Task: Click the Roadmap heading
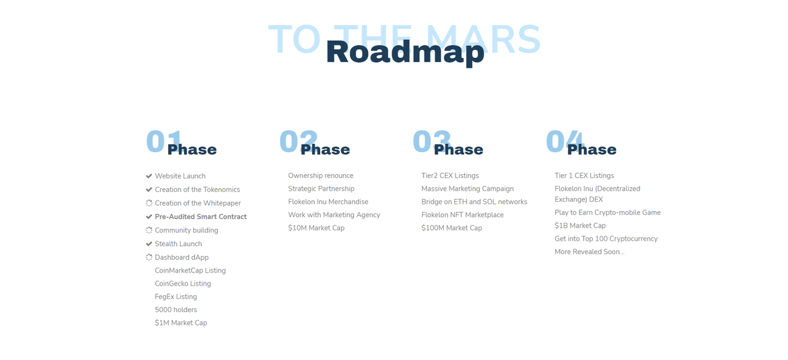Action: (x=405, y=52)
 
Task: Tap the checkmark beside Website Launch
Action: (x=149, y=176)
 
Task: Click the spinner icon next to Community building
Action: (x=149, y=230)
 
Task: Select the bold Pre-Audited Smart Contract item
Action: (x=201, y=217)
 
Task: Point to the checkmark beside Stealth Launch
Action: (x=149, y=244)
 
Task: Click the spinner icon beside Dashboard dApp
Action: (x=149, y=257)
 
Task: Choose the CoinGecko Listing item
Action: (x=183, y=283)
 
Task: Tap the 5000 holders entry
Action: (x=175, y=310)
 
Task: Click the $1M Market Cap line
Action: (x=181, y=322)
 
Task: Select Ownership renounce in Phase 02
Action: (x=321, y=175)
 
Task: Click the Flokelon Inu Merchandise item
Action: (x=328, y=202)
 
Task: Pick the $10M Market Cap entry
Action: (x=316, y=228)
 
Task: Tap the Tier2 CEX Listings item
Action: (x=450, y=175)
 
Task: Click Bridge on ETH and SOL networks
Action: (x=474, y=202)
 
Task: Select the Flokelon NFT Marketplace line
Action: (x=462, y=215)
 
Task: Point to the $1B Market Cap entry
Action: (x=580, y=225)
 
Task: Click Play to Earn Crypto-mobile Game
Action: (x=608, y=212)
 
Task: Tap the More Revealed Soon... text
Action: (x=589, y=252)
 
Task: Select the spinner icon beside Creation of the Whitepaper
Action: (x=149, y=203)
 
